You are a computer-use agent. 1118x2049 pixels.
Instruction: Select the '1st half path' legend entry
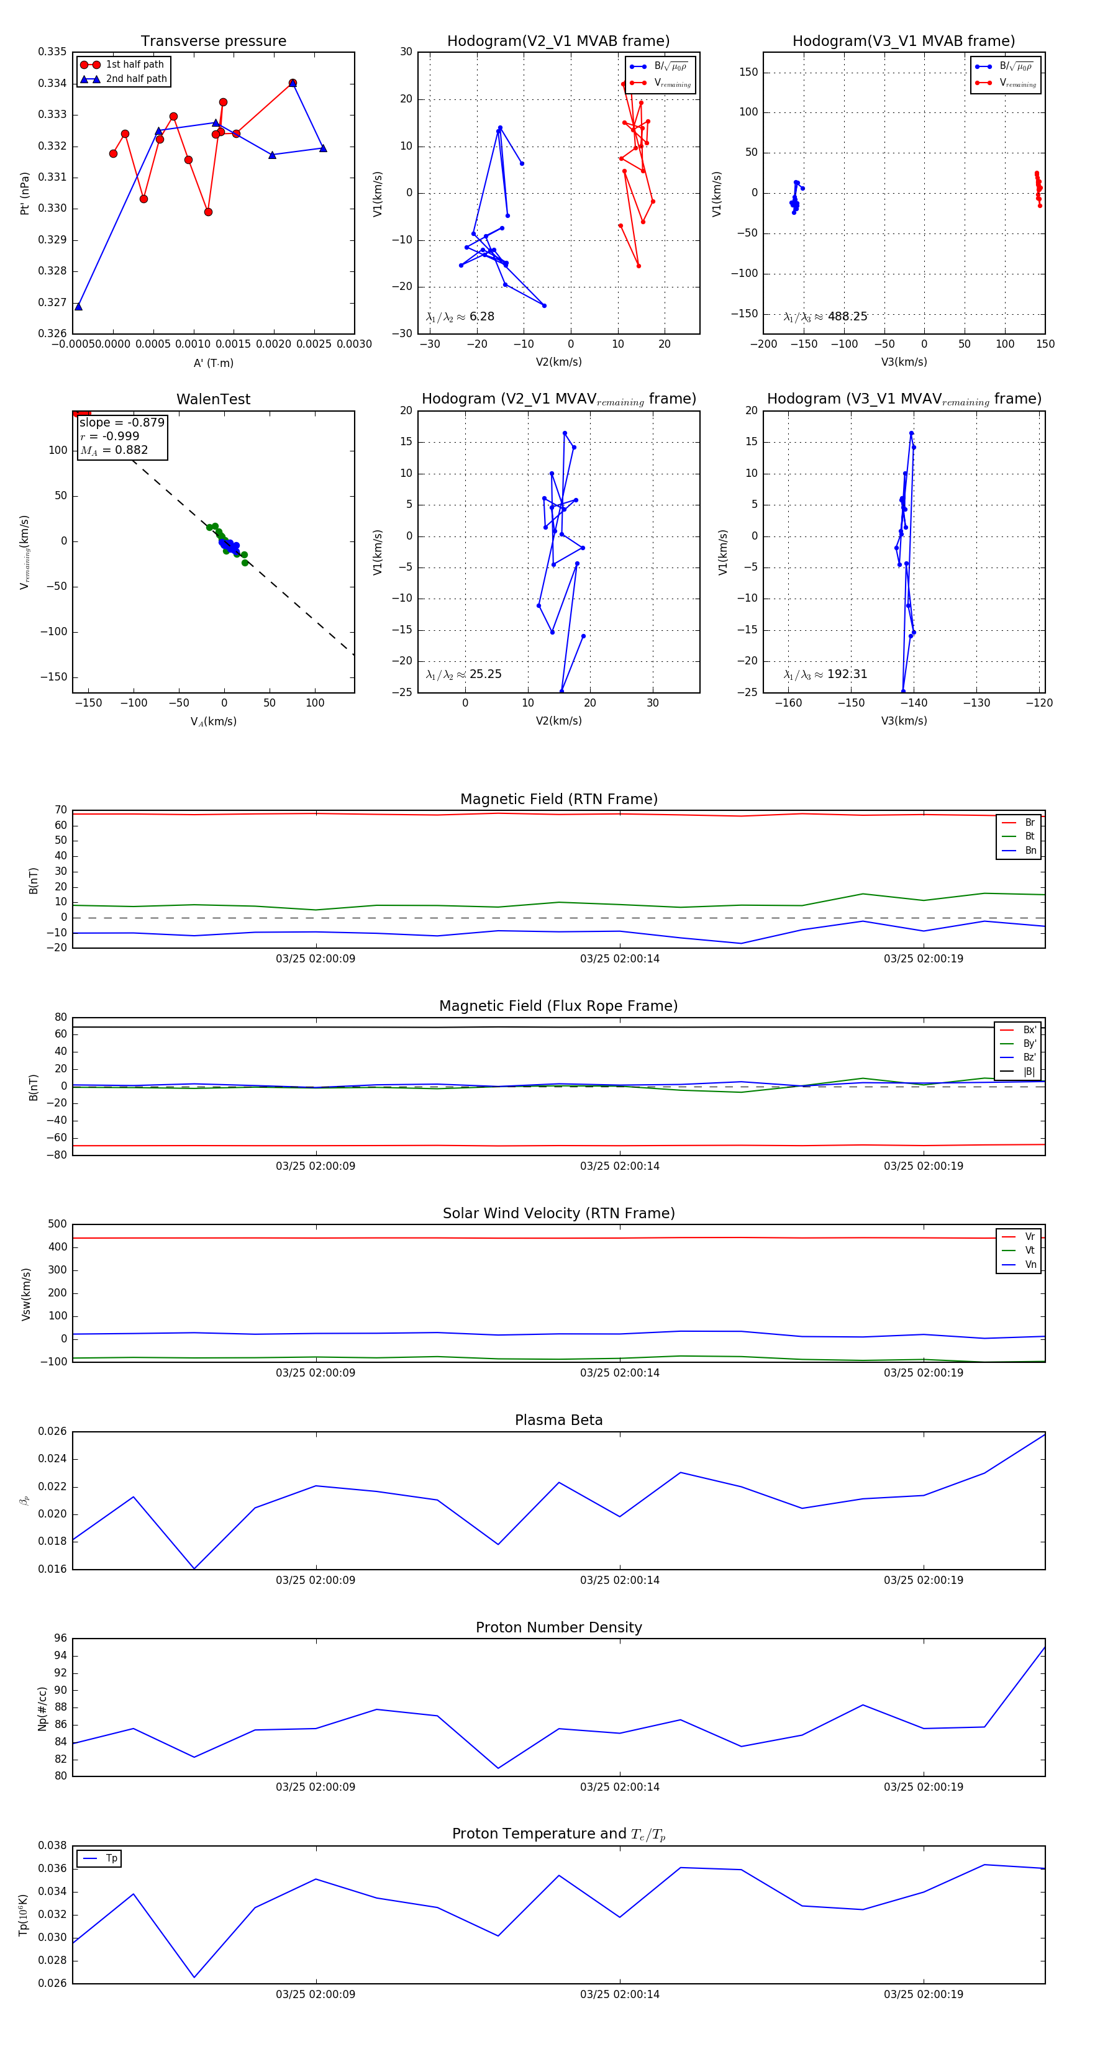(x=135, y=65)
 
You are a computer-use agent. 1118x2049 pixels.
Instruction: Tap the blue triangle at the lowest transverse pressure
(x=78, y=306)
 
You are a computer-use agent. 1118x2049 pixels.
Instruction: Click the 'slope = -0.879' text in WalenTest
(x=122, y=422)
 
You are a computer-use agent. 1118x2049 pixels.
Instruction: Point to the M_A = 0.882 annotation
(x=114, y=450)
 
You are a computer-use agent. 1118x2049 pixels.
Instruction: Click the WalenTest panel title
(x=213, y=399)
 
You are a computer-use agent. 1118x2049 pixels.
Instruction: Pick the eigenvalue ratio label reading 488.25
(x=825, y=317)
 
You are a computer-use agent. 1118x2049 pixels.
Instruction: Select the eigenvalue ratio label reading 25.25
(x=463, y=674)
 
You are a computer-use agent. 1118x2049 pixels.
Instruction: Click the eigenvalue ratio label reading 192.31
(x=825, y=674)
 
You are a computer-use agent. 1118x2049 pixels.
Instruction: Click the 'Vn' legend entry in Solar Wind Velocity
(x=1030, y=1265)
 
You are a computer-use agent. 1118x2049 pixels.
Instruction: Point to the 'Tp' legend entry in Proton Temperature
(x=111, y=1859)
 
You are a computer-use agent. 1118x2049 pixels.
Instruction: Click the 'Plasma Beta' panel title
(x=558, y=1421)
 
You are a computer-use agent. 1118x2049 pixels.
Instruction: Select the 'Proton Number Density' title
(x=558, y=1627)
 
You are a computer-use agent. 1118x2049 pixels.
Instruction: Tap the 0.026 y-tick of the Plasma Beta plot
(x=53, y=1432)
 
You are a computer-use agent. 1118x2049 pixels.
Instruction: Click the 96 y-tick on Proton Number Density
(x=60, y=1639)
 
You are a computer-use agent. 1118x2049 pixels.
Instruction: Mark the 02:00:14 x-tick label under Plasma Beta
(x=619, y=1580)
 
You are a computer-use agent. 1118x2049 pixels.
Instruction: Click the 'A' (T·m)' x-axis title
(x=213, y=363)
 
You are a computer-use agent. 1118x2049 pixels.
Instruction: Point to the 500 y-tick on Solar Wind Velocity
(x=57, y=1224)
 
